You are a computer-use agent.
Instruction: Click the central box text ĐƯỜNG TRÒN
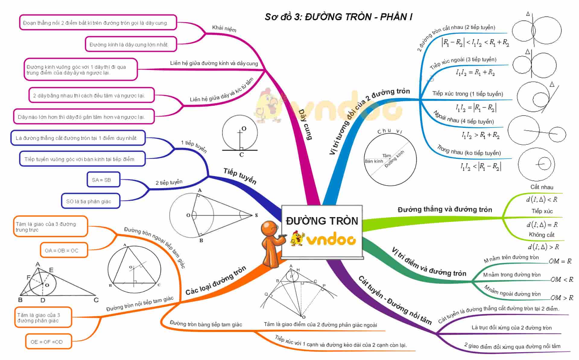point(322,221)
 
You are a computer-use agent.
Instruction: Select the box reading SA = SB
point(103,180)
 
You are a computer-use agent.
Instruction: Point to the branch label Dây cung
point(305,125)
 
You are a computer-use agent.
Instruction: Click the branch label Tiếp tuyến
point(240,176)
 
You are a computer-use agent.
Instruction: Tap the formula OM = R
point(560,261)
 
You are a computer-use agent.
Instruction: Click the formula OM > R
point(562,298)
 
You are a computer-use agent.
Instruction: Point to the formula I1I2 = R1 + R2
point(475,72)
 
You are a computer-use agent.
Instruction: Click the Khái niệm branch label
point(224,28)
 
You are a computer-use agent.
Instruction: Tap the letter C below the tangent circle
point(242,155)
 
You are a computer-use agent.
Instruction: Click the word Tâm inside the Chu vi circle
point(386,156)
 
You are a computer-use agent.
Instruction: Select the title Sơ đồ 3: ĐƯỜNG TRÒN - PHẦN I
point(338,17)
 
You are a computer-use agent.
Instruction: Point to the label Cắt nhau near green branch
point(542,187)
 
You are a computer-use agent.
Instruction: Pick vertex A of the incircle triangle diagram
point(38,264)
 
